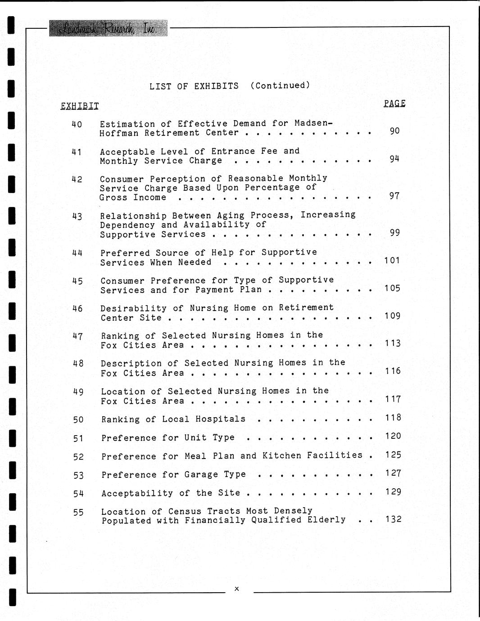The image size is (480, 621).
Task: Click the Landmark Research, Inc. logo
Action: pos(108,28)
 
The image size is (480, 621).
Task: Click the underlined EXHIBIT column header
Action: pos(79,106)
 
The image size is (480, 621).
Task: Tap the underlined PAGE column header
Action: pos(394,103)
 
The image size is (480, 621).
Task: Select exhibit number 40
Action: pos(77,124)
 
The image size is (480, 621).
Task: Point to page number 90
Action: pos(394,131)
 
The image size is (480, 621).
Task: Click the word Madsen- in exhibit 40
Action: pos(313,123)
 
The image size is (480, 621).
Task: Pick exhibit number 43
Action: pos(77,216)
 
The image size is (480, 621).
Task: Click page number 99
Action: pos(394,233)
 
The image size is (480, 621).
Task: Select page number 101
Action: pos(392,260)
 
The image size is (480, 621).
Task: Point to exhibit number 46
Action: pos(77,309)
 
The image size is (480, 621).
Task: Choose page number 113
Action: pos(393,343)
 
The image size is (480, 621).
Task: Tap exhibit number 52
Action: pos(78,457)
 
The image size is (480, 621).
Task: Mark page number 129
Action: pos(393,491)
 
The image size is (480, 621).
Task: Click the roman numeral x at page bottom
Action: pos(237,589)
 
